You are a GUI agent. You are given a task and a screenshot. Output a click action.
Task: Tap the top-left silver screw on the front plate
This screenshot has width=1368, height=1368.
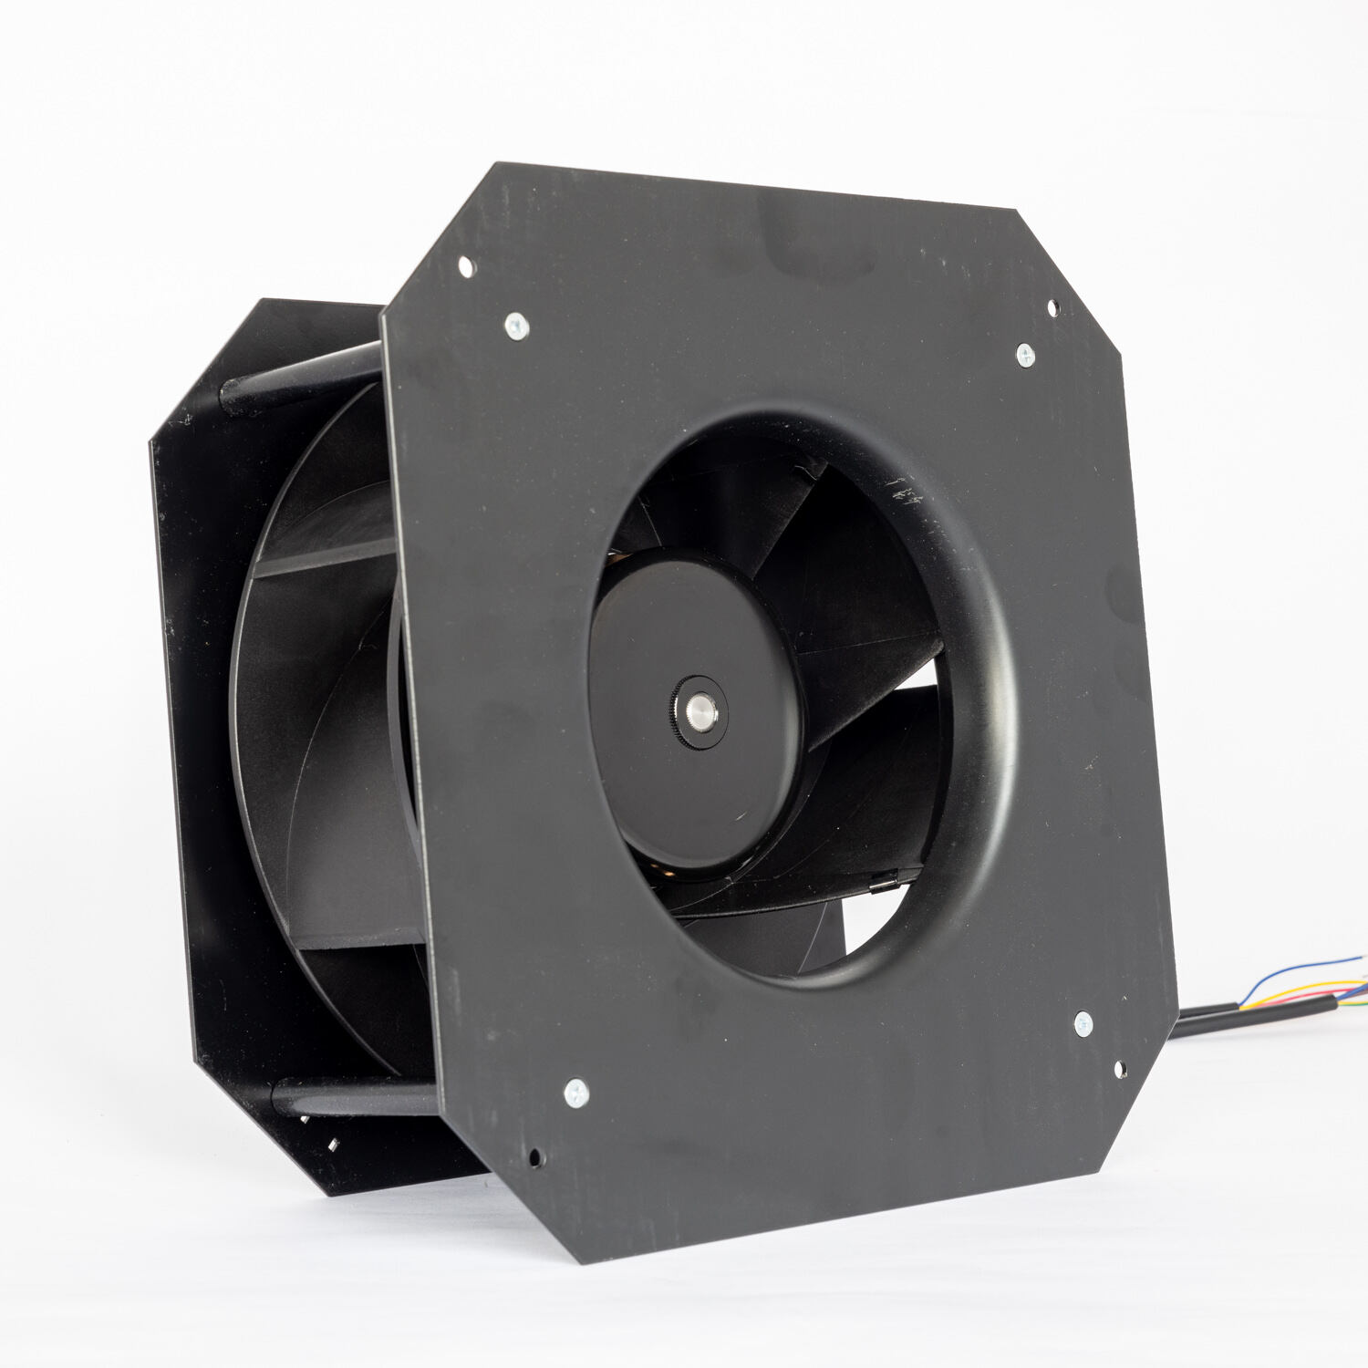516,325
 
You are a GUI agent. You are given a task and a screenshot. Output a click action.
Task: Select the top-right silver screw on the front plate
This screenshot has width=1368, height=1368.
1025,355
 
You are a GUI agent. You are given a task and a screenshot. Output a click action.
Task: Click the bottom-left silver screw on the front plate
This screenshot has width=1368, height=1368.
575,1092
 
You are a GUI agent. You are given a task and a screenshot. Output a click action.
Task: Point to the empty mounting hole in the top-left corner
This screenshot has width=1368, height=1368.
465,267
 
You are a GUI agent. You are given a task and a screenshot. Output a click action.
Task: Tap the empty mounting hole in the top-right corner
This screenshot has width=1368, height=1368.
1052,308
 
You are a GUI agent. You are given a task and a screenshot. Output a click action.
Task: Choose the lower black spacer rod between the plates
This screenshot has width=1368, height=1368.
356,1097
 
